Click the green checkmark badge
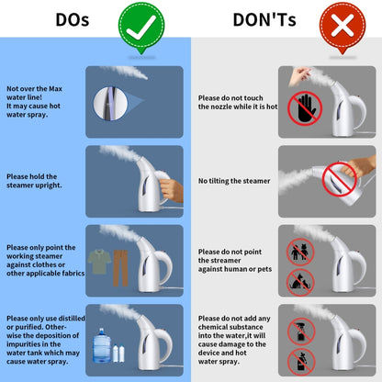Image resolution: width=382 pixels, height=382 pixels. pyautogui.click(x=141, y=27)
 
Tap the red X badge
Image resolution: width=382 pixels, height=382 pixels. pyautogui.click(x=343, y=26)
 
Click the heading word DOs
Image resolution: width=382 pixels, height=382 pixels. pyautogui.click(x=73, y=19)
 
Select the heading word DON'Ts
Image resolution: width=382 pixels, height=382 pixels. pyautogui.click(x=264, y=19)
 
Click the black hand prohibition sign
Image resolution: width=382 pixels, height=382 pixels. pyautogui.click(x=305, y=108)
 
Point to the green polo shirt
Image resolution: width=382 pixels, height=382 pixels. pyautogui.click(x=99, y=262)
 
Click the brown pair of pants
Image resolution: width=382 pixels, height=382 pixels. pyautogui.click(x=120, y=268)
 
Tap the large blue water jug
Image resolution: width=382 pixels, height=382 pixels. pyautogui.click(x=102, y=346)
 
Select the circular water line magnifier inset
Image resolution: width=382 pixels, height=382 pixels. pyautogui.click(x=110, y=104)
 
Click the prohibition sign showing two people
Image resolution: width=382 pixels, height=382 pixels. pyautogui.click(x=300, y=252)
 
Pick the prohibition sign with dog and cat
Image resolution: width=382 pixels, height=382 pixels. pyautogui.click(x=300, y=283)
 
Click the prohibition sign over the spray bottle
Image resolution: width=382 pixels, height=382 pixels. pyautogui.click(x=301, y=331)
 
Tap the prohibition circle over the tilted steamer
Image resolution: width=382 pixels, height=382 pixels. pyautogui.click(x=340, y=180)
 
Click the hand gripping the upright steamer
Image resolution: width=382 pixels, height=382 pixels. pyautogui.click(x=172, y=190)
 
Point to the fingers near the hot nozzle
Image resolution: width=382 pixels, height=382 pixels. pyautogui.click(x=298, y=76)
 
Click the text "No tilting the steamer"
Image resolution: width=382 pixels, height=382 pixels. pyautogui.click(x=234, y=181)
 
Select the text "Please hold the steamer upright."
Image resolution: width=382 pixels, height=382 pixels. pyautogui.click(x=34, y=181)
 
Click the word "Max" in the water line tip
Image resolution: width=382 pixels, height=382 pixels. pyautogui.click(x=55, y=89)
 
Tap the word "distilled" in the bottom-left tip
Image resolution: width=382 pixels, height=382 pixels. pyautogui.click(x=72, y=319)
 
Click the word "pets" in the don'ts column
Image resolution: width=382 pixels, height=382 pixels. pyautogui.click(x=264, y=269)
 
